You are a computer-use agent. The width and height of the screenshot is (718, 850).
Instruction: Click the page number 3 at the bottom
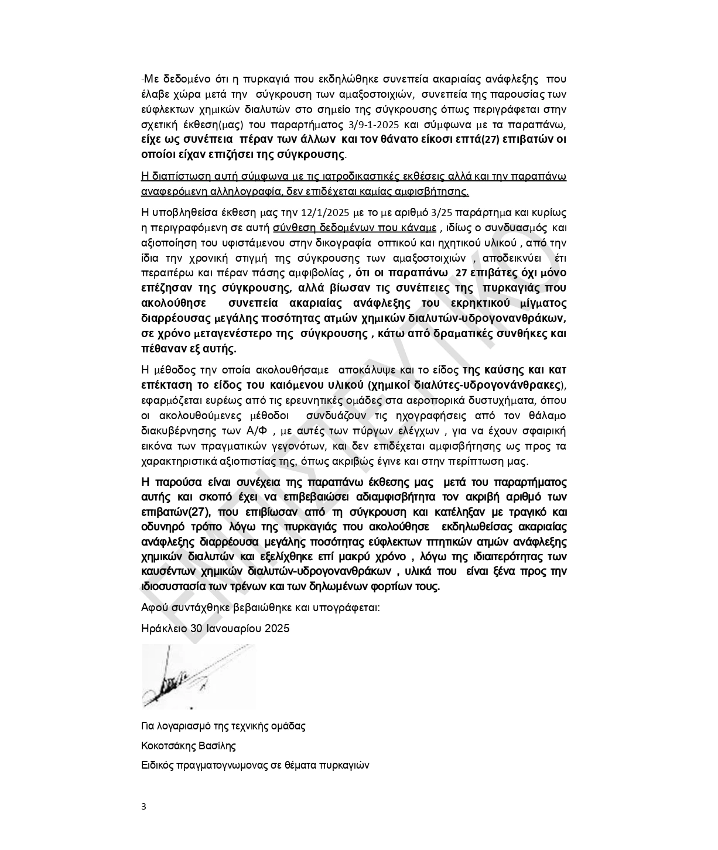[x=144, y=806]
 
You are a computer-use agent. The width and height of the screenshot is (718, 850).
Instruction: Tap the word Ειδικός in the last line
[x=158, y=765]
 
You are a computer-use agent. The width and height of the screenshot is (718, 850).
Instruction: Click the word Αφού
[x=152, y=607]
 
